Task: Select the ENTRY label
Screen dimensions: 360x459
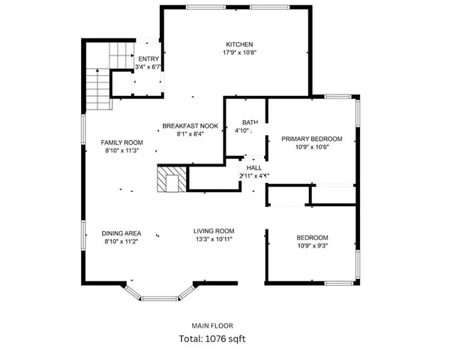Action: tap(148, 58)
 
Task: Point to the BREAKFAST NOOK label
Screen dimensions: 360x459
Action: tap(190, 126)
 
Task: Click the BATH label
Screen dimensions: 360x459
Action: tap(250, 122)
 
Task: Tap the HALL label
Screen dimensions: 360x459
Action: tap(254, 167)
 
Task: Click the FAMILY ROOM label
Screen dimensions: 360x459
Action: tap(122, 142)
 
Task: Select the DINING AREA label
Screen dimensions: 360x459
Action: tap(122, 233)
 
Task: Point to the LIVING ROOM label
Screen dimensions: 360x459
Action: tap(214, 231)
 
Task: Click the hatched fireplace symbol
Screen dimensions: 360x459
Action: tap(169, 180)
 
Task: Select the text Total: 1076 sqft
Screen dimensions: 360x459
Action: tap(211, 338)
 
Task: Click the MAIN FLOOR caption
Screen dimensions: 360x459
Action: tap(212, 325)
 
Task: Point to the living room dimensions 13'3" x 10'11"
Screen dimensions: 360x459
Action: tap(214, 239)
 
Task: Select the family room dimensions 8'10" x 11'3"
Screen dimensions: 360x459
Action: tap(122, 151)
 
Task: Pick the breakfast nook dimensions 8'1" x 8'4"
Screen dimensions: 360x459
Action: tap(190, 134)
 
